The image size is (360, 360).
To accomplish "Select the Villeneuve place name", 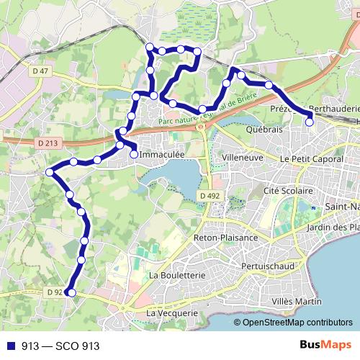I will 244,156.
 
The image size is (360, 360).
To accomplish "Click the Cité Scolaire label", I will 288,191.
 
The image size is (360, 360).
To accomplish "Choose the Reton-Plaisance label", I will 225,238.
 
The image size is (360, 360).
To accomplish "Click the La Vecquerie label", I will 171,313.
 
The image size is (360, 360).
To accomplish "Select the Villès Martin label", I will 297,300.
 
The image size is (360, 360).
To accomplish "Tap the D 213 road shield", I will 50,144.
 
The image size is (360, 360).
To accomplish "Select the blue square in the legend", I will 10,346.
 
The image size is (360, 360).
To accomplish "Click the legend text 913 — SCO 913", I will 60,346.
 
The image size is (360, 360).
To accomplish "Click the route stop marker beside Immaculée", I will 134,153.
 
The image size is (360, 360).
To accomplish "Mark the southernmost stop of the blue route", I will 70,292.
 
